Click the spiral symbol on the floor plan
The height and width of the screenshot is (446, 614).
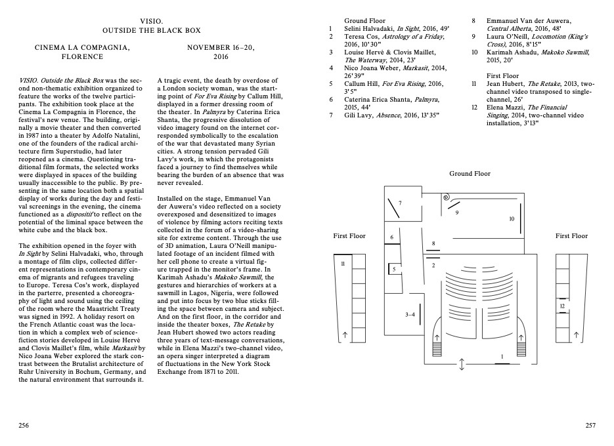(x=445, y=196)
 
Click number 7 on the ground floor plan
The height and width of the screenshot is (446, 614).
(x=399, y=203)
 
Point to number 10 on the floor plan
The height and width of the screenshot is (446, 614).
(x=512, y=218)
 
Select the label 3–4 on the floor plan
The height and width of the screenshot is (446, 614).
(x=410, y=315)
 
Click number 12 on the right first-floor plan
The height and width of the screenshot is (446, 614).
(x=561, y=306)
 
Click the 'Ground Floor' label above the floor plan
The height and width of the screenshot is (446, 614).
(x=470, y=174)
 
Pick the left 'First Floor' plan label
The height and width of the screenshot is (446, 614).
(x=349, y=235)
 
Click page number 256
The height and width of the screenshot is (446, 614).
(x=24, y=426)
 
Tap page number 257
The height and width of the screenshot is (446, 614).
(x=590, y=426)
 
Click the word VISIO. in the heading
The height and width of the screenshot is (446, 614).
(x=152, y=21)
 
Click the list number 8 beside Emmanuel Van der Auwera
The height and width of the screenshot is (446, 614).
(x=473, y=21)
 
